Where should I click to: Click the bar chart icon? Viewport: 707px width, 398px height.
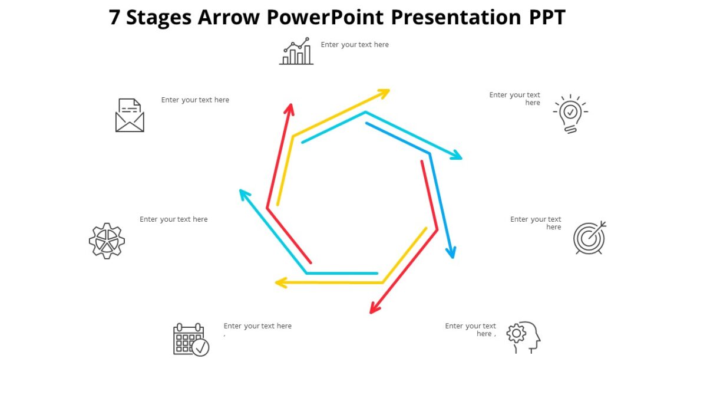296,52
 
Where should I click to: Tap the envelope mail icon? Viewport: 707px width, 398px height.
130,115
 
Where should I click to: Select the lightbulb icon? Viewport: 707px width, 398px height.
570,113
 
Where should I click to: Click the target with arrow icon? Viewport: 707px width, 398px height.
589,238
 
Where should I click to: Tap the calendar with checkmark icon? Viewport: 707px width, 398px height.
191,340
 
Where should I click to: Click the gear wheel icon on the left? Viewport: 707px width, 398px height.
107,241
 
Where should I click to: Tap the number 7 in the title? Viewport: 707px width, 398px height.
115,17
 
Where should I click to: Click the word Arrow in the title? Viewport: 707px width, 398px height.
228,17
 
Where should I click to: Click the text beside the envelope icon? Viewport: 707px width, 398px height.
195,100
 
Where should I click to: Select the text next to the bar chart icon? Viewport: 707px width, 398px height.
355,45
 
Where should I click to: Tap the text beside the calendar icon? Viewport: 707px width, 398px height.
257,326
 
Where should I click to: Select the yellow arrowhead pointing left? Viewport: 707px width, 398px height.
279,283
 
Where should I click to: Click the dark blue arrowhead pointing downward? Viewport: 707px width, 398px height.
451,254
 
